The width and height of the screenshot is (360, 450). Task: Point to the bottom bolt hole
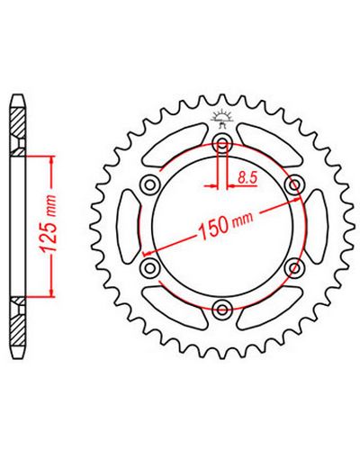[221, 308]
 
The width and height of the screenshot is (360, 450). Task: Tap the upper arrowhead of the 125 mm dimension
[53, 160]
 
